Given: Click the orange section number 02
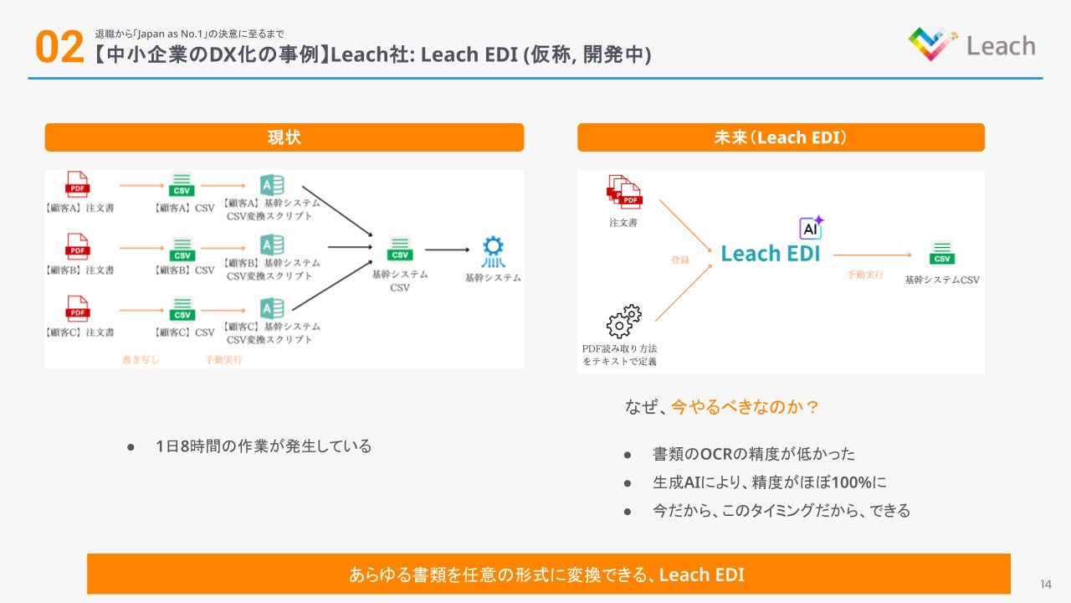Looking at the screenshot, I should tap(59, 48).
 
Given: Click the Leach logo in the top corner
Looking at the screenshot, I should tap(971, 44).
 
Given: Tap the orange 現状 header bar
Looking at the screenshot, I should tap(284, 137).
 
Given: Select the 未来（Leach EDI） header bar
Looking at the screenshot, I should tap(781, 137).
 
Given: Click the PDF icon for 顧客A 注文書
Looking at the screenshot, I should tap(78, 184).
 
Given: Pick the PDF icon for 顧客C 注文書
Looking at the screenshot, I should tap(78, 308).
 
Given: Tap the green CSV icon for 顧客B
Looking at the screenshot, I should tap(182, 248).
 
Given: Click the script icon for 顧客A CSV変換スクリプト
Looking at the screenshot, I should tap(271, 185).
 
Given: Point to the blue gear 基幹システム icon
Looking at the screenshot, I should tap(493, 250).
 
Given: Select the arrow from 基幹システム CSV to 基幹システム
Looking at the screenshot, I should tap(447, 250).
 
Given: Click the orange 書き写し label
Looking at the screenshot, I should tap(140, 360).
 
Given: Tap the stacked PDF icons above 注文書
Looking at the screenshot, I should tap(623, 192).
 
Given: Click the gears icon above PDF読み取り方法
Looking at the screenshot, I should tap(623, 321).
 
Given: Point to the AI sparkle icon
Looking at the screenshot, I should tap(811, 227).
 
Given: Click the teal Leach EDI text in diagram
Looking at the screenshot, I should tap(771, 253).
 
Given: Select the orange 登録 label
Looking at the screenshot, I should tap(679, 260).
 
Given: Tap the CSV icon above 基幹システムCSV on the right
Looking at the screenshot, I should tap(942, 252).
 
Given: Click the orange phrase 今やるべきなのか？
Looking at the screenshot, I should tap(745, 407).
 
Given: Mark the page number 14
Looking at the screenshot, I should tap(1046, 584).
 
